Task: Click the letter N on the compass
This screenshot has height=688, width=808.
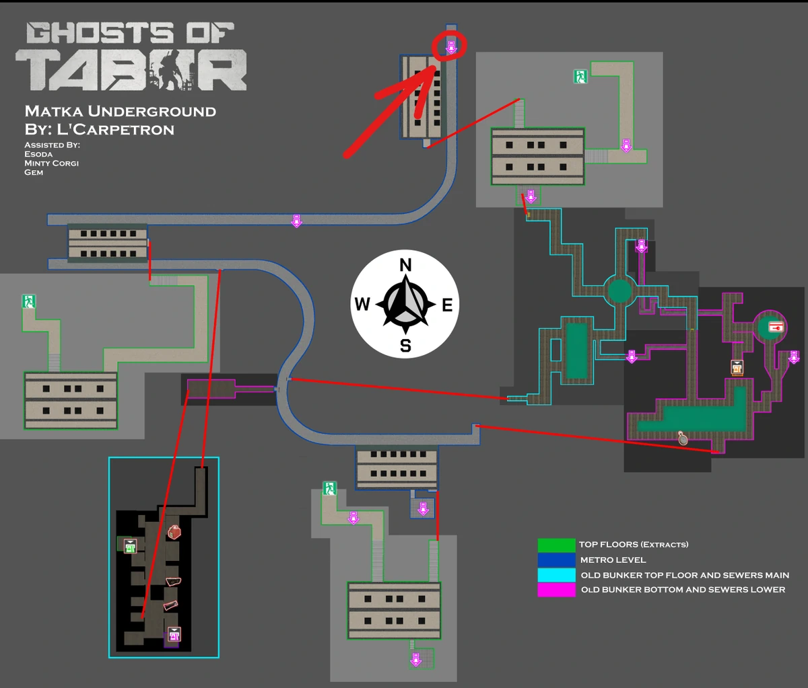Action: pos(405,265)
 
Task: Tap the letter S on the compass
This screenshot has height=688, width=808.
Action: pos(405,346)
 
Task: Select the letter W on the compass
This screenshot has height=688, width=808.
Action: pos(362,305)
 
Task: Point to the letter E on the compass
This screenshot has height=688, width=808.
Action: pos(447,305)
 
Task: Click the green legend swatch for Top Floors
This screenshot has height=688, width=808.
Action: pos(556,544)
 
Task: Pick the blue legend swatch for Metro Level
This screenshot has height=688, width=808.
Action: pos(556,560)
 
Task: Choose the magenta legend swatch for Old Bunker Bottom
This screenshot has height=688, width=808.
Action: pos(556,590)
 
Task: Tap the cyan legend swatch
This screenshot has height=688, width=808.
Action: pos(556,575)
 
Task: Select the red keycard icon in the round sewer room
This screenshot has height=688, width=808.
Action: pos(777,327)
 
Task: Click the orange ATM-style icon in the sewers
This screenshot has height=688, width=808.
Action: pos(737,367)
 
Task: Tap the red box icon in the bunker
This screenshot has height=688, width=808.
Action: pos(174,532)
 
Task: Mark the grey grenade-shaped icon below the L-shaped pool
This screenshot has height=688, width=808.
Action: pos(683,438)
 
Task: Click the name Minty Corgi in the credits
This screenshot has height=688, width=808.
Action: pos(51,163)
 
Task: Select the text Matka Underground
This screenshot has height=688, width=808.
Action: pos(120,111)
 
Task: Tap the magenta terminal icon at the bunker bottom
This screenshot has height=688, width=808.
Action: pos(174,634)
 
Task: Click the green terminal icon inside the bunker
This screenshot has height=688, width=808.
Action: pos(130,545)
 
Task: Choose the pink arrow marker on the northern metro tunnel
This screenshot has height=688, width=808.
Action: pos(296,221)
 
